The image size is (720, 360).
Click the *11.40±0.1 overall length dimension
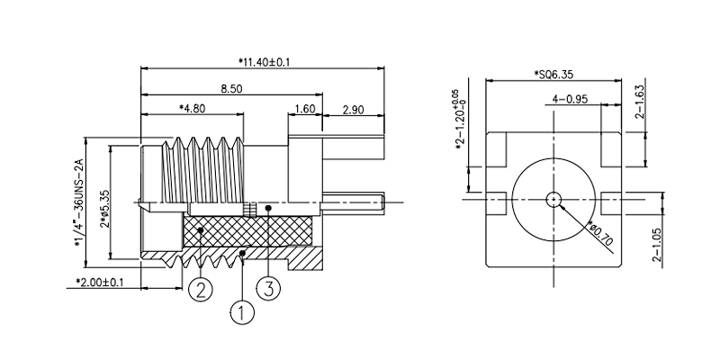click(264, 61)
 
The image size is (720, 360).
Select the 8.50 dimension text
click(231, 88)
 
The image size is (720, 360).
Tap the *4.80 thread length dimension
click(193, 108)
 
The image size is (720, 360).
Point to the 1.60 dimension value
click(304, 109)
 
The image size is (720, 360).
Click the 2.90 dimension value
click(353, 110)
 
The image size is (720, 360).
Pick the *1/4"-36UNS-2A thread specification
click(79, 203)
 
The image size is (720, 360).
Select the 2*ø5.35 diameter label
click(105, 209)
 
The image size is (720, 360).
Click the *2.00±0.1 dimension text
click(100, 282)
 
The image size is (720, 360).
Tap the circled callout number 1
click(242, 312)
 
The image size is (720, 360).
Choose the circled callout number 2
click(201, 290)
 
